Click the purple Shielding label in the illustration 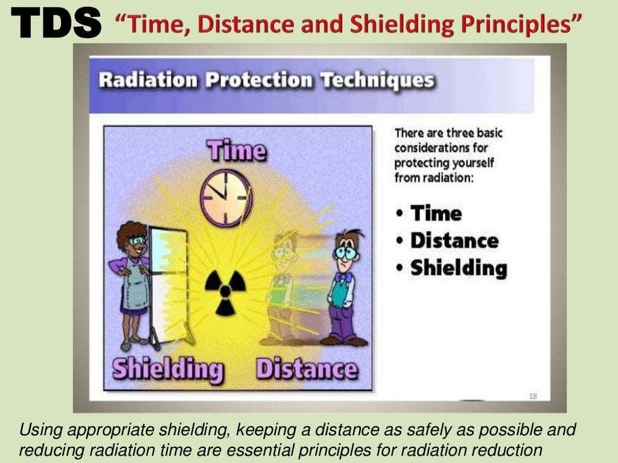[168, 369]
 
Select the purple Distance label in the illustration [307, 368]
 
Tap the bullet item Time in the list [436, 213]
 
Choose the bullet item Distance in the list [454, 241]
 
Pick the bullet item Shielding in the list [458, 268]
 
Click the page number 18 [533, 396]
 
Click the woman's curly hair [132, 232]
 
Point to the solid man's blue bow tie [345, 278]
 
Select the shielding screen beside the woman [168, 283]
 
